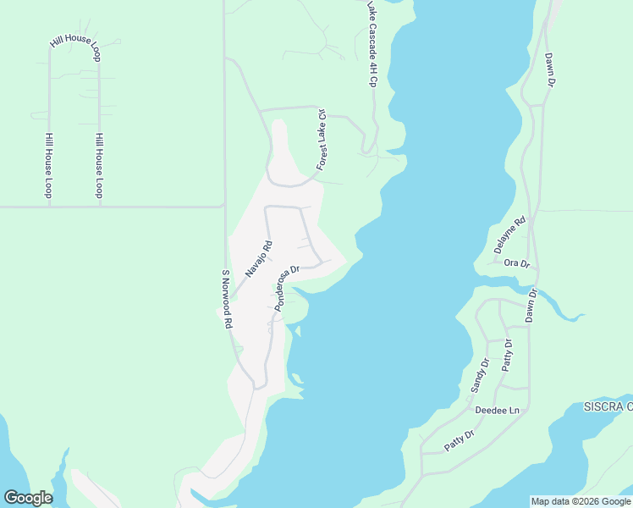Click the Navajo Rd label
[x=260, y=259]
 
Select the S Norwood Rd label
[x=227, y=299]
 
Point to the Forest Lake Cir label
[x=321, y=139]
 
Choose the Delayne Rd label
[x=509, y=235]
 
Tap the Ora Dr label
[x=516, y=263]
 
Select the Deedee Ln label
[x=497, y=410]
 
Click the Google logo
[x=28, y=498]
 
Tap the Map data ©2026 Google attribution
[x=580, y=501]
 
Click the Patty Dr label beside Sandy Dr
[x=508, y=355]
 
